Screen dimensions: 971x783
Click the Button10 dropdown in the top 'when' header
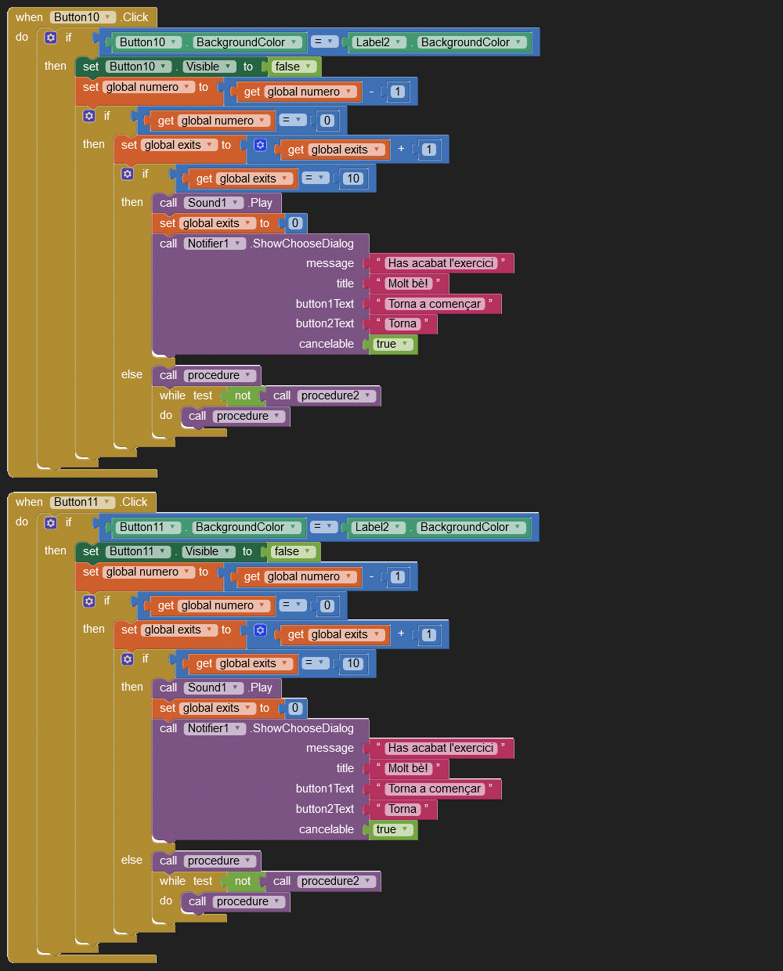click(x=83, y=17)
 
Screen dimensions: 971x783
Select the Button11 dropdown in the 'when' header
click(x=82, y=502)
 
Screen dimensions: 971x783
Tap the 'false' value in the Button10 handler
click(x=294, y=67)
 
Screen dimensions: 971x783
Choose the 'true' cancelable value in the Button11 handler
click(x=392, y=829)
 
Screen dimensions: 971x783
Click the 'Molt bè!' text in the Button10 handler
click(x=409, y=283)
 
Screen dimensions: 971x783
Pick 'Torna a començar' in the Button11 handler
click(x=435, y=789)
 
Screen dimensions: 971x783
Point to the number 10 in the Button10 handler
click(x=353, y=179)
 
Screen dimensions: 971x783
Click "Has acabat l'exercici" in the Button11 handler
click(x=441, y=748)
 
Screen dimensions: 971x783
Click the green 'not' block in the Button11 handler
click(x=243, y=881)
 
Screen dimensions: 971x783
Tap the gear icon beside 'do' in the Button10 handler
click(x=51, y=38)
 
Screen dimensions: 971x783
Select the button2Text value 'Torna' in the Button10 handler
click(x=402, y=323)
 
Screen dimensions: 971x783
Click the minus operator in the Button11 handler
click(x=371, y=576)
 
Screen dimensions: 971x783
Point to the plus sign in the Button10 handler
click(x=401, y=149)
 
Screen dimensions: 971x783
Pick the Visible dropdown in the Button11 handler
click(x=208, y=551)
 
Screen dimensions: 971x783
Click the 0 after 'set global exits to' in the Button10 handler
click(x=295, y=223)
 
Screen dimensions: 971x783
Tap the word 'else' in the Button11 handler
click(x=132, y=860)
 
